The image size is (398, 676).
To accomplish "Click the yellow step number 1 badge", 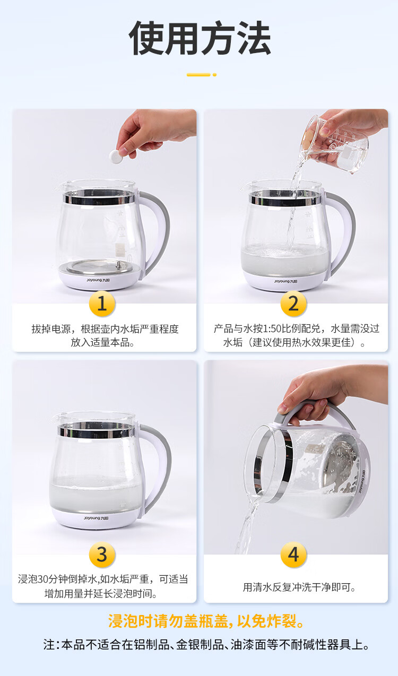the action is click(x=102, y=304).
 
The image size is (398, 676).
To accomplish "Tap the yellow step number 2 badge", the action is click(x=293, y=304).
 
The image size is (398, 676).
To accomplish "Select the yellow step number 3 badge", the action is click(x=102, y=554).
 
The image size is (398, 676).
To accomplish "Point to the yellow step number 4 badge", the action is click(x=293, y=554).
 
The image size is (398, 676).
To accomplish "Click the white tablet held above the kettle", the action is click(x=115, y=157).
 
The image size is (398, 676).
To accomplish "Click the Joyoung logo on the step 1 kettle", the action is click(x=98, y=280).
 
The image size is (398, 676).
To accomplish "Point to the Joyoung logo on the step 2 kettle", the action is click(x=285, y=281).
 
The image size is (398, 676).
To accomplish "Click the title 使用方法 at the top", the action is click(x=200, y=38).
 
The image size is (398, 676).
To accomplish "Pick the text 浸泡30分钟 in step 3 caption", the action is click(x=42, y=579).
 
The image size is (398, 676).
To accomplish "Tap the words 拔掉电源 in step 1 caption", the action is click(x=51, y=328).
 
